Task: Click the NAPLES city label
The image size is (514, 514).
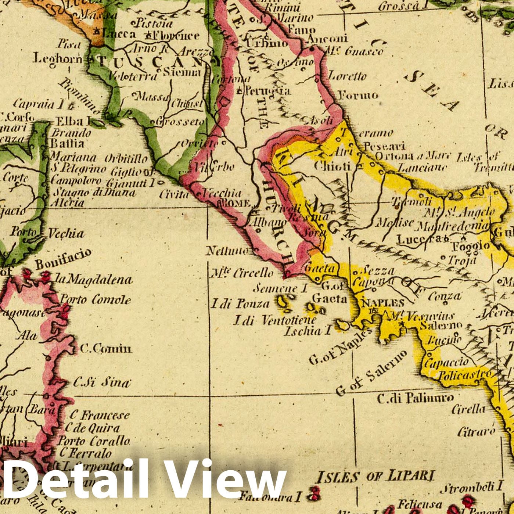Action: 383,303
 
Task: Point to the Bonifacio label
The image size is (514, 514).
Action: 63,259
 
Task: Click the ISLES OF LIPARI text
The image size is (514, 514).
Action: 375,477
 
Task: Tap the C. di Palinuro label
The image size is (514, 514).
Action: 415,398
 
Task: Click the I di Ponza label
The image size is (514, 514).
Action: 240,304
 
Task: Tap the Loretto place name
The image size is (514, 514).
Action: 347,76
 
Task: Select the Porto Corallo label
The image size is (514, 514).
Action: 94,441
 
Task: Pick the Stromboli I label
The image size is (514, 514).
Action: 471,488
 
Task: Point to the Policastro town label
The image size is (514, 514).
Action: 465,375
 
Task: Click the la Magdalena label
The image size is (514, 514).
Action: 94,280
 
